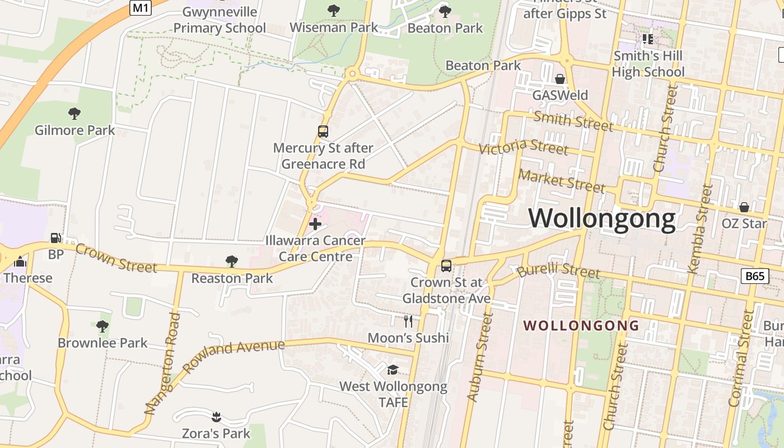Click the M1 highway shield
[x=140, y=7]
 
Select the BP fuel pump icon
[x=56, y=239]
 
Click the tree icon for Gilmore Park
[x=74, y=114]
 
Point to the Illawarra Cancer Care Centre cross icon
[x=315, y=225]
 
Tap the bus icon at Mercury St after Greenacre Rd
[x=323, y=132]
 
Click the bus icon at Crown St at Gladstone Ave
[x=446, y=266]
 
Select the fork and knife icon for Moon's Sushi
[x=408, y=321]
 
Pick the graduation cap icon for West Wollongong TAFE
[x=393, y=370]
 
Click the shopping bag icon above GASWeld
[x=559, y=79]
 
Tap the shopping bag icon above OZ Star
[x=744, y=207]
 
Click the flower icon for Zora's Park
[x=216, y=417]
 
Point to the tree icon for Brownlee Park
[x=102, y=326]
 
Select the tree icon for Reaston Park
[x=231, y=262]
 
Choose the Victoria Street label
[x=524, y=147]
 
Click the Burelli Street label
[x=558, y=272]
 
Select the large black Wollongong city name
[x=603, y=218]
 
